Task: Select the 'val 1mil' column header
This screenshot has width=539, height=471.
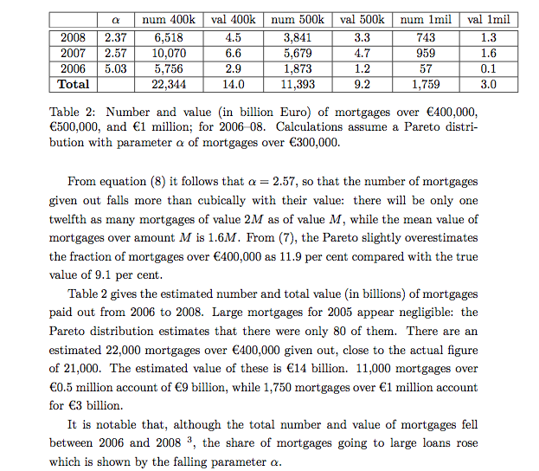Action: click(x=489, y=20)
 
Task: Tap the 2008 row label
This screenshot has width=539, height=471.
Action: click(x=74, y=38)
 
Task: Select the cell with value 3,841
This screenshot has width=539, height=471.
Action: click(x=298, y=38)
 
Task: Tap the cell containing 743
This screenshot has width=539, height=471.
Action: click(x=426, y=38)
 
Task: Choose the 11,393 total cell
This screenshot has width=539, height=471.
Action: click(x=298, y=85)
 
